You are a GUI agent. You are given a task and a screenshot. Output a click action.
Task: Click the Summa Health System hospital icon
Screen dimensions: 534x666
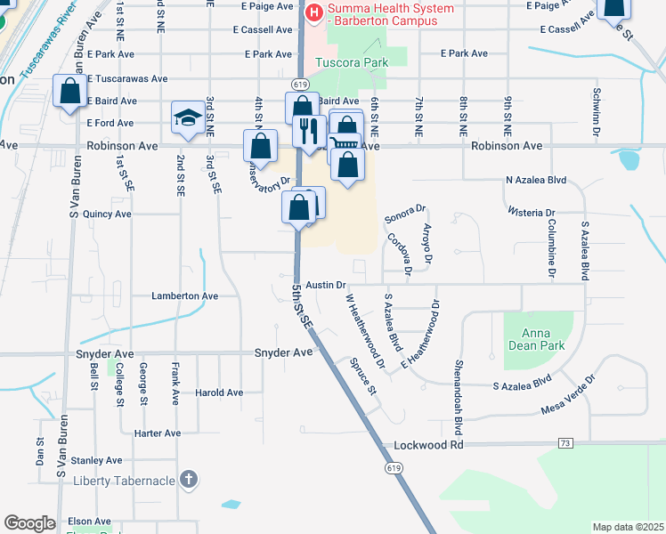tap(313, 12)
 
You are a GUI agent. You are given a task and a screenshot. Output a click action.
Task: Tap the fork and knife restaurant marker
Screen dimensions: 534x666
tap(308, 131)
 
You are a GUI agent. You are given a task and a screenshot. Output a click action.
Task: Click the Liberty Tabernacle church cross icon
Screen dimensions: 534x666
tap(188, 480)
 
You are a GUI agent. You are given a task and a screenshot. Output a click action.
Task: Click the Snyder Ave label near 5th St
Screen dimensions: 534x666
tap(284, 352)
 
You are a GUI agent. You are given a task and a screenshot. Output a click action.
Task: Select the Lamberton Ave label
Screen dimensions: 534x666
tap(184, 295)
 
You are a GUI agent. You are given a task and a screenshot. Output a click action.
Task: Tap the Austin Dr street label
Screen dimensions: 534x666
tap(325, 285)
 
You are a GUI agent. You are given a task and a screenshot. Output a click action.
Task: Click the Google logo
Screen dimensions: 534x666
tap(29, 523)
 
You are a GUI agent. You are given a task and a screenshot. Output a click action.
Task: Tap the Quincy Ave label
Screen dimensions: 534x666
tap(108, 214)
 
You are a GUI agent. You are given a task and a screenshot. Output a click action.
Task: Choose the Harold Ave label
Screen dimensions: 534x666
tap(219, 392)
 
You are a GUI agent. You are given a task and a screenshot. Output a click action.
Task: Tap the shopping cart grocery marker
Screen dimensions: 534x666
tap(345, 142)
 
